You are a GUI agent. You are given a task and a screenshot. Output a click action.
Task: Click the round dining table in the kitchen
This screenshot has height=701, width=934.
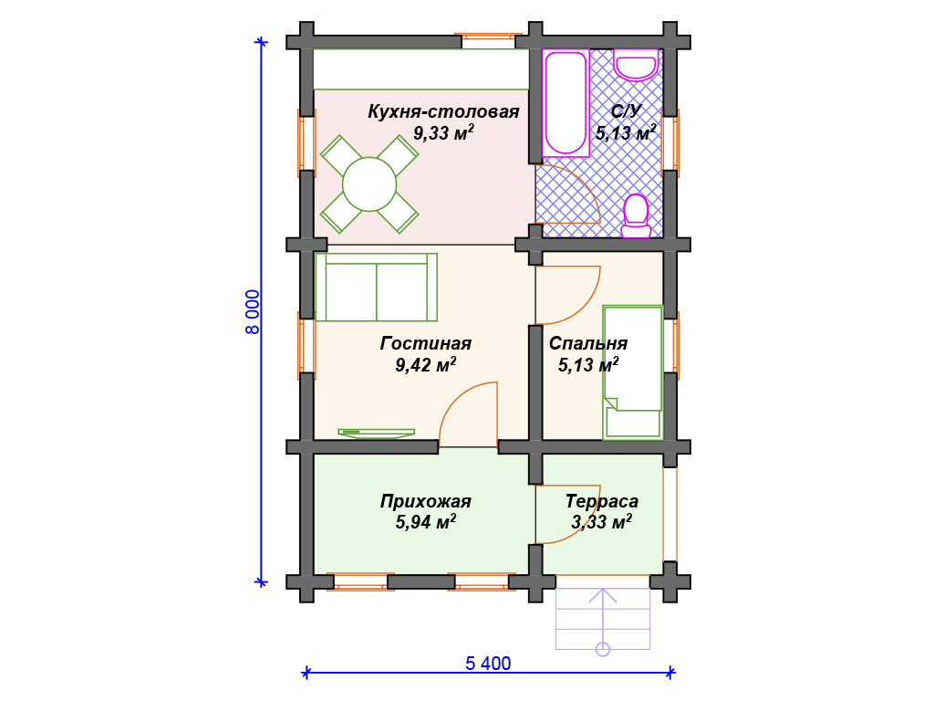[x=369, y=184]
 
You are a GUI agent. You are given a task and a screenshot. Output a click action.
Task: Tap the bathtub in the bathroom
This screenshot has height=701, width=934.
[x=566, y=103]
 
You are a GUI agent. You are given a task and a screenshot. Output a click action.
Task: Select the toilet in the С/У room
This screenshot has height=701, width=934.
[x=636, y=215]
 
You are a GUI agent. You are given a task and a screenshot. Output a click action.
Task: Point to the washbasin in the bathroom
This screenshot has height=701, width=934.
[x=636, y=65]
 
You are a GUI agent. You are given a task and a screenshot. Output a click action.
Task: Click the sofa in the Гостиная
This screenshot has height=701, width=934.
[x=377, y=288]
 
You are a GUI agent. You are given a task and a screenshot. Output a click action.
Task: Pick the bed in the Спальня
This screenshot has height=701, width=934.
[x=633, y=372]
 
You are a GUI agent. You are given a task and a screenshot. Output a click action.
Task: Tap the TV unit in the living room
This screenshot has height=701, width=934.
[x=377, y=433]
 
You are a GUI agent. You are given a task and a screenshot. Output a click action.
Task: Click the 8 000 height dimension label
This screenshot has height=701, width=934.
[x=253, y=312]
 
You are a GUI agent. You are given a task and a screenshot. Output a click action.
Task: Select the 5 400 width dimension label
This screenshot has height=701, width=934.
[x=489, y=664]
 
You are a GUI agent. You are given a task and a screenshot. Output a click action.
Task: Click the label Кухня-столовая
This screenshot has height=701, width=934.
[x=444, y=111]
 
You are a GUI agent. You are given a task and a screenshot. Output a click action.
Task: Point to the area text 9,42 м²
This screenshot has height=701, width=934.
[x=426, y=364]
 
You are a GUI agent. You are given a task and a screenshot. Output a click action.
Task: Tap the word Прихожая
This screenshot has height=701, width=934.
[x=426, y=502]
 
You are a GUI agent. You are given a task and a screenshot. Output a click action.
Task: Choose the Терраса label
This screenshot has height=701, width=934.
[x=602, y=501]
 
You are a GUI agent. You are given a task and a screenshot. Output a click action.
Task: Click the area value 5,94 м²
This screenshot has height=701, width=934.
[x=426, y=522]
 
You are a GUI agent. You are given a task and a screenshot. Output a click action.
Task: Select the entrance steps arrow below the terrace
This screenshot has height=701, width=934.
[x=603, y=618]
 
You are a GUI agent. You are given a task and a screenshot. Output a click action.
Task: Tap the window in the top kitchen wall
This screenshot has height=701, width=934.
[x=489, y=42]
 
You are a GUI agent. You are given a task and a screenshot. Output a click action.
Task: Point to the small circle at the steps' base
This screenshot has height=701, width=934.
[x=603, y=649]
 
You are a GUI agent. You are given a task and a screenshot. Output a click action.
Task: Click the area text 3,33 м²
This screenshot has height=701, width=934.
[x=602, y=522]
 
